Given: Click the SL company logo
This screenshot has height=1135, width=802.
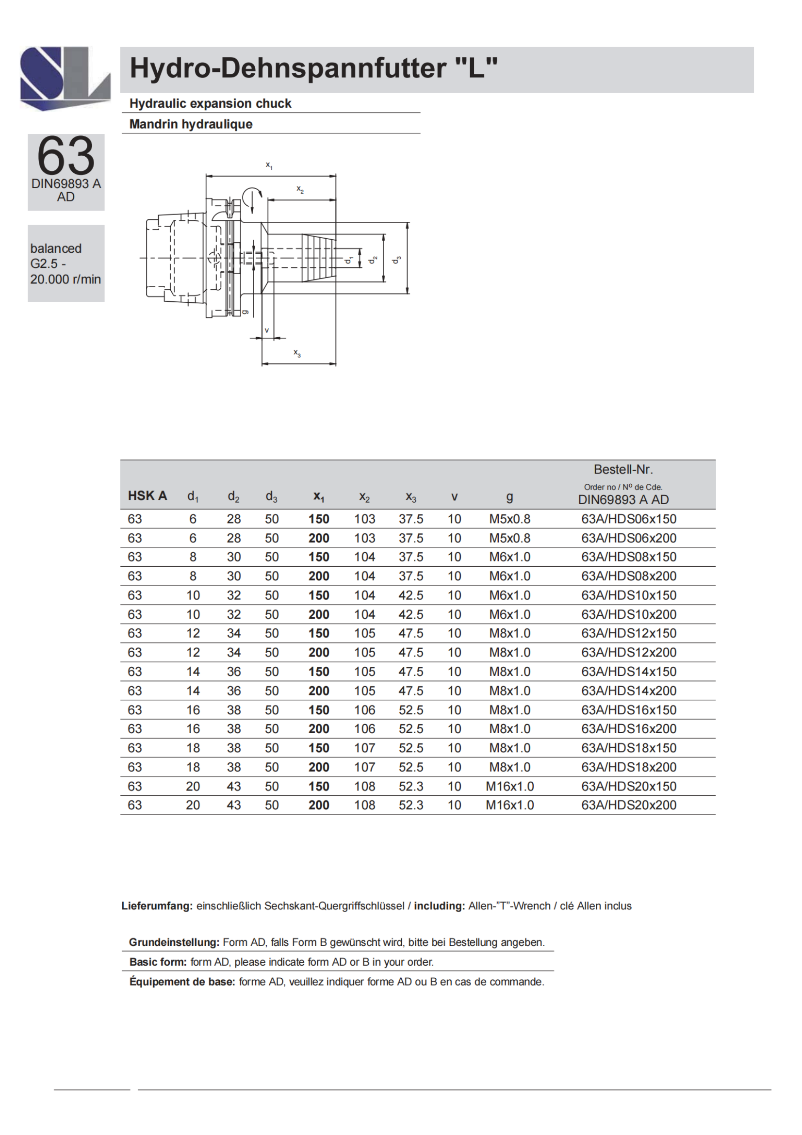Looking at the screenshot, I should [x=65, y=78].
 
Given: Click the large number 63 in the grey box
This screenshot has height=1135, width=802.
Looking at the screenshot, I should [x=65, y=156].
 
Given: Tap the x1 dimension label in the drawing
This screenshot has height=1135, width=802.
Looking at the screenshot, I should [x=269, y=165].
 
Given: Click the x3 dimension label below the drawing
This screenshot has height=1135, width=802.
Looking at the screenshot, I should [x=297, y=353].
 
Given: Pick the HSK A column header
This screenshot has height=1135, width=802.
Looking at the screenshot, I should [x=147, y=496].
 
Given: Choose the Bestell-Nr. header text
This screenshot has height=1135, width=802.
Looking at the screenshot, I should [x=623, y=469].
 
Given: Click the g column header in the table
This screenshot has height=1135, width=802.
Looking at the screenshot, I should [x=509, y=496].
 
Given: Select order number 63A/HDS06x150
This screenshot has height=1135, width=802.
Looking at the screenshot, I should [x=629, y=519].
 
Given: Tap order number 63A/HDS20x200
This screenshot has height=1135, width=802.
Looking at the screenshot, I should [x=629, y=806].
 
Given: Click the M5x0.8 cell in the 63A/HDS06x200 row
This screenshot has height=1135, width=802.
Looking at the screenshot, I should [x=509, y=538].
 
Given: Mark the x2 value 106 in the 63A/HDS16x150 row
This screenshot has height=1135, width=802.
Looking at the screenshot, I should [x=365, y=710].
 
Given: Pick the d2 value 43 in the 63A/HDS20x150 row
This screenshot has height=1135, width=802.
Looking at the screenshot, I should [x=234, y=786].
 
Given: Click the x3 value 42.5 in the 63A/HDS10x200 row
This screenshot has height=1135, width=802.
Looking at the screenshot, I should [x=410, y=614].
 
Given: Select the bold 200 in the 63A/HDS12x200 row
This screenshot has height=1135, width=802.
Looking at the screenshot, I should [x=319, y=653].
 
